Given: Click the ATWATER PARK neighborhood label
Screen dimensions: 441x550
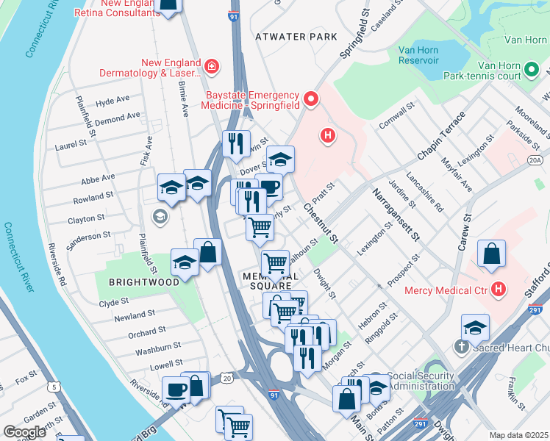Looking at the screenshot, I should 296,37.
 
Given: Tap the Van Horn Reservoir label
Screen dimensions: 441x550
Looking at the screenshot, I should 418,55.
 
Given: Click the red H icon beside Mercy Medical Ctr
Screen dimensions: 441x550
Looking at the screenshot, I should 499,290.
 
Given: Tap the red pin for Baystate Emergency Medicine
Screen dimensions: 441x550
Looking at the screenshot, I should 310,98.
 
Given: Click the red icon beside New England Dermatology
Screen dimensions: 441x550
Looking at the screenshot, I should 212,68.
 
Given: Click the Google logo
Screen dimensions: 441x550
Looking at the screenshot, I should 26,431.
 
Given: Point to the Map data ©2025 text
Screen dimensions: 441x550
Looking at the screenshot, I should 518,435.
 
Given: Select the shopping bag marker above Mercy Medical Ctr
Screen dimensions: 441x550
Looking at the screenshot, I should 491,254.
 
